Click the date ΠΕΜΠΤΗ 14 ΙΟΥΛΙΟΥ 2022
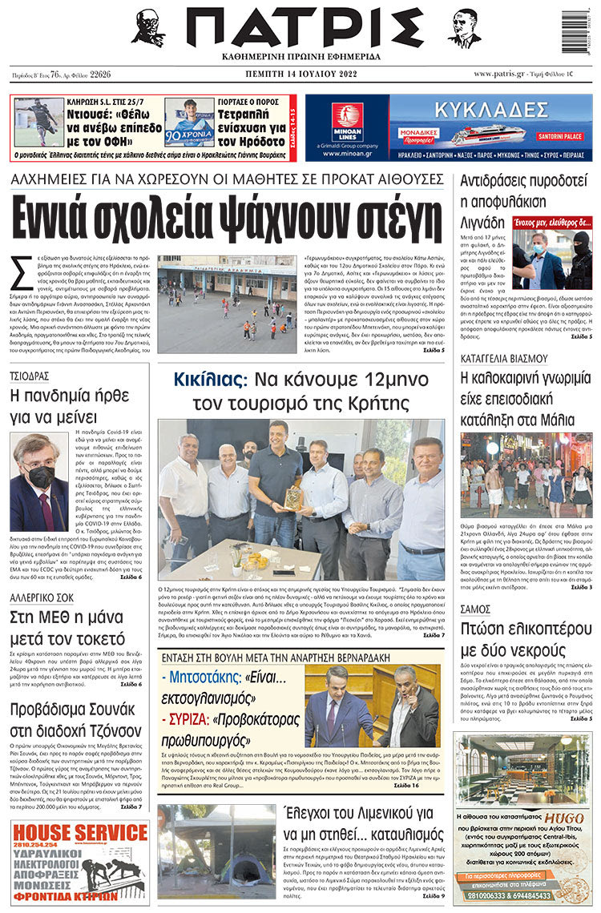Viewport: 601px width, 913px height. pos(302,74)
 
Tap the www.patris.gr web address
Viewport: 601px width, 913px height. pos(491,74)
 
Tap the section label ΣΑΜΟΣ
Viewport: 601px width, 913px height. pos(476,609)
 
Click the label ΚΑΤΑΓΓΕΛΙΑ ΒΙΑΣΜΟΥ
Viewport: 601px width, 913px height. pos(503,358)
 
